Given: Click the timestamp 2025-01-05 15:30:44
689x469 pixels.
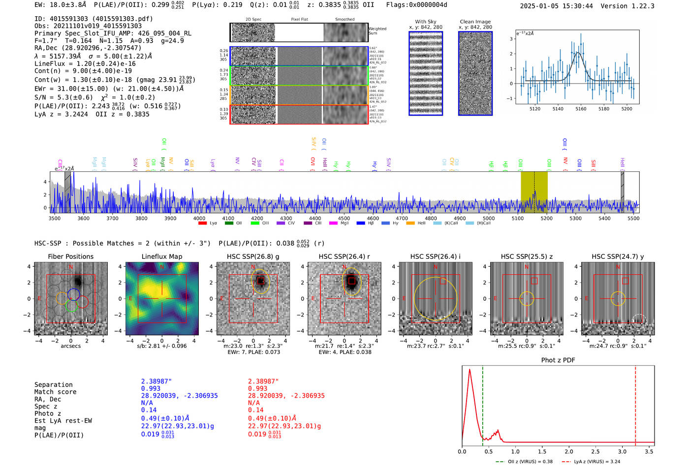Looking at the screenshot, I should (x=556, y=6).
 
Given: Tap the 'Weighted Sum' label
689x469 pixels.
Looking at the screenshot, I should (x=377, y=31).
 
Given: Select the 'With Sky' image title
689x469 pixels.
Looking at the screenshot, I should (x=425, y=22).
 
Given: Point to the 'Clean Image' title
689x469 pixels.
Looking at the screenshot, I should (x=475, y=22).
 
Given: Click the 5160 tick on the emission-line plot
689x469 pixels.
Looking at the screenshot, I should (x=581, y=109).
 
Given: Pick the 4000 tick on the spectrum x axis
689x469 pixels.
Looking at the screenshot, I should (x=199, y=219).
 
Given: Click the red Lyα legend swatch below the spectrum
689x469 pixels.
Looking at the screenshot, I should (x=202, y=223).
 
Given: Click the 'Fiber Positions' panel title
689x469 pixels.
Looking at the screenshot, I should (x=70, y=256).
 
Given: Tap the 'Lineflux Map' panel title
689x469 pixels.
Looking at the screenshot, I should (x=161, y=256).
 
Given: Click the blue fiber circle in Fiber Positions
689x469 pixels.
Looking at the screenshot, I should (x=74, y=294).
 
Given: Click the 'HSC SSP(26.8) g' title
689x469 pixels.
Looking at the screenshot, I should (x=253, y=256).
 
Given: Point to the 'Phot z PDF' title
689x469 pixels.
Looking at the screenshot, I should (x=558, y=360).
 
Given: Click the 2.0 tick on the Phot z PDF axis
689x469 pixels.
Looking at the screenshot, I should (x=568, y=451).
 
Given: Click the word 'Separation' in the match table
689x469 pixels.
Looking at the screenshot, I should (x=53, y=385).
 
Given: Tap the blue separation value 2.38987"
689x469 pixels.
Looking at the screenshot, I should (x=157, y=381).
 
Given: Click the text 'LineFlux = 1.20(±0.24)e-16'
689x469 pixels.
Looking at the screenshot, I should (x=85, y=63).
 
